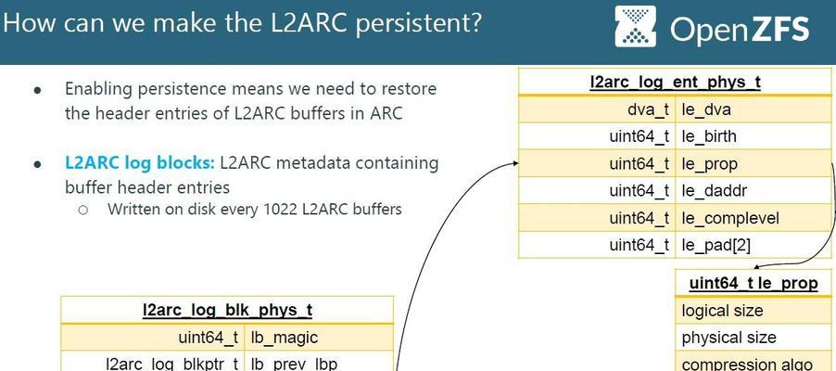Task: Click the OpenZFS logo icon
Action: (x=635, y=27)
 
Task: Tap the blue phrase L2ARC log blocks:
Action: (x=140, y=163)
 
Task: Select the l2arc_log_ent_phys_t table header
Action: (x=675, y=83)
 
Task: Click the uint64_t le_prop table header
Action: (x=754, y=283)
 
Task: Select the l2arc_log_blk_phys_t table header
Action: (x=228, y=310)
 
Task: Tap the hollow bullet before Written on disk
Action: (x=82, y=210)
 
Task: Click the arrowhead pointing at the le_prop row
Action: (x=514, y=163)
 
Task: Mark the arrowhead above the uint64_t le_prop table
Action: (x=757, y=265)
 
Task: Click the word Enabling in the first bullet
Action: (x=98, y=89)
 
